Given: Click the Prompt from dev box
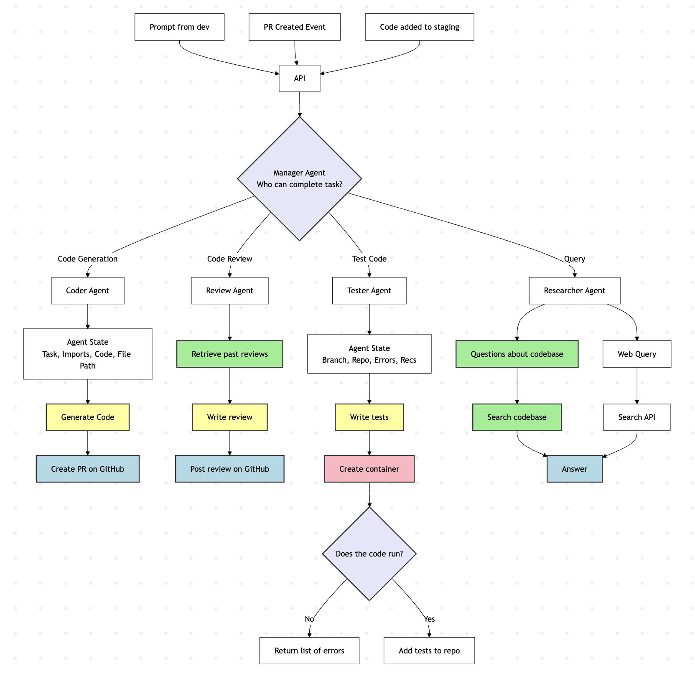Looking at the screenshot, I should point(179,27).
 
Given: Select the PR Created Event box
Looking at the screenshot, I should point(295,27).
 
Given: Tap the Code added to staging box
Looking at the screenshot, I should point(419,27).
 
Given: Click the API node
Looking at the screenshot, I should point(299,79).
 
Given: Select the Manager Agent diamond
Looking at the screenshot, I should point(299,179).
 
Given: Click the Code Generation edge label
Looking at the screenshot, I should point(87,259).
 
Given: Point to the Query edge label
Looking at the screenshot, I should point(574,259).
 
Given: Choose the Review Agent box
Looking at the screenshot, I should point(229,291).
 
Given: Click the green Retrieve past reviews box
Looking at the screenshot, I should point(229,354).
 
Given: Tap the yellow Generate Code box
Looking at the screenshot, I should point(87,417).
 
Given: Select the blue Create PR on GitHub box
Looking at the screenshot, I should point(87,469).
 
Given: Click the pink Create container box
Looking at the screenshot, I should point(369,469).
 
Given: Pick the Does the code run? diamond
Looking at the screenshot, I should point(369,554).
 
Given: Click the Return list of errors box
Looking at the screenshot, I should point(309,651).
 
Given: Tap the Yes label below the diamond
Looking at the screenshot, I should point(429,619).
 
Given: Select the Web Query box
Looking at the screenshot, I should point(636,354).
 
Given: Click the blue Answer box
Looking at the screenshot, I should point(574,469).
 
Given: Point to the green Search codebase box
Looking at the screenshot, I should point(517,417).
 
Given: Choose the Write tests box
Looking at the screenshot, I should point(369,417).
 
